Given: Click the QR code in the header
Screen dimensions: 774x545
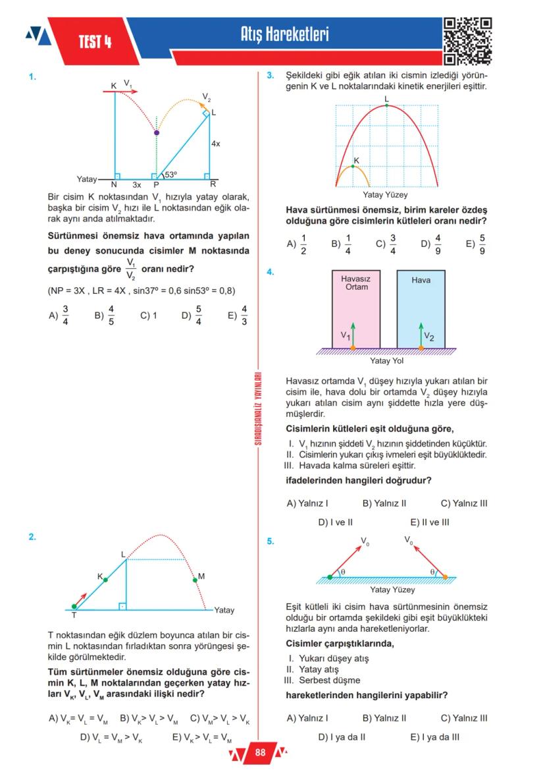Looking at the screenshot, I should tap(468, 41).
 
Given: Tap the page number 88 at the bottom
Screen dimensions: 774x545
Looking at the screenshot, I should tap(260, 752).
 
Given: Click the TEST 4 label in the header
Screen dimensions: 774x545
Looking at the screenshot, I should tap(95, 43).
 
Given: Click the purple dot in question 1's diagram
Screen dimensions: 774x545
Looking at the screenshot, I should tap(156, 133).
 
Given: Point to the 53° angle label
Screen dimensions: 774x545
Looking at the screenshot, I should tap(171, 175).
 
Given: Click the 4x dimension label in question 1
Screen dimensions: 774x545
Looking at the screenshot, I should tap(215, 143).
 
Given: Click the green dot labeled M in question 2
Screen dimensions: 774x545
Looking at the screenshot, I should tap(194, 580).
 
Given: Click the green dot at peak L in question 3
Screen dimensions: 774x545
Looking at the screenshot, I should tap(386, 105).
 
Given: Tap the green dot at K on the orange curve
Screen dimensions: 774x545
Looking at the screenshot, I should tap(353, 166).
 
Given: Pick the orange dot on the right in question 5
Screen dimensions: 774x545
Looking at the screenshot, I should tap(446, 577).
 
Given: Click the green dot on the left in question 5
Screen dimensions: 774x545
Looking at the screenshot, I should tap(330, 577).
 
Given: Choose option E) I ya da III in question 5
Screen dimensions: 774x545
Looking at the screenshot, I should tap(434, 737).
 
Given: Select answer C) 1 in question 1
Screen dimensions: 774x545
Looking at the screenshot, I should tap(148, 316).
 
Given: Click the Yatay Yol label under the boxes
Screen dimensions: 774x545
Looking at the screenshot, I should tap(387, 360).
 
